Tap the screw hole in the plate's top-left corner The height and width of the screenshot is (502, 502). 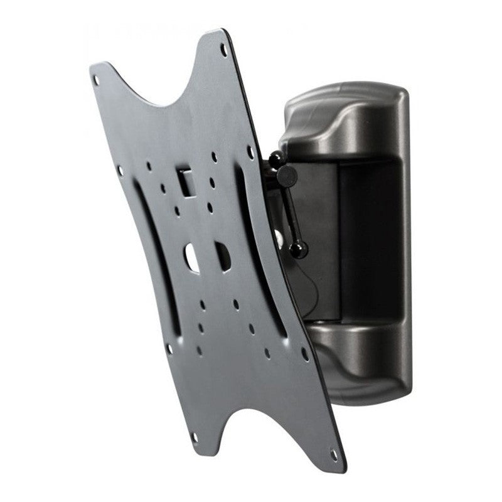pyautogui.click(x=96, y=80)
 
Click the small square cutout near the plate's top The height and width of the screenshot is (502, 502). pyautogui.click(x=184, y=179)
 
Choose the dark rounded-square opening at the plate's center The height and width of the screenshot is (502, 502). pyautogui.click(x=222, y=255)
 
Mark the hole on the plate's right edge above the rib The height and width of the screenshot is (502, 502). pyautogui.click(x=250, y=152)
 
